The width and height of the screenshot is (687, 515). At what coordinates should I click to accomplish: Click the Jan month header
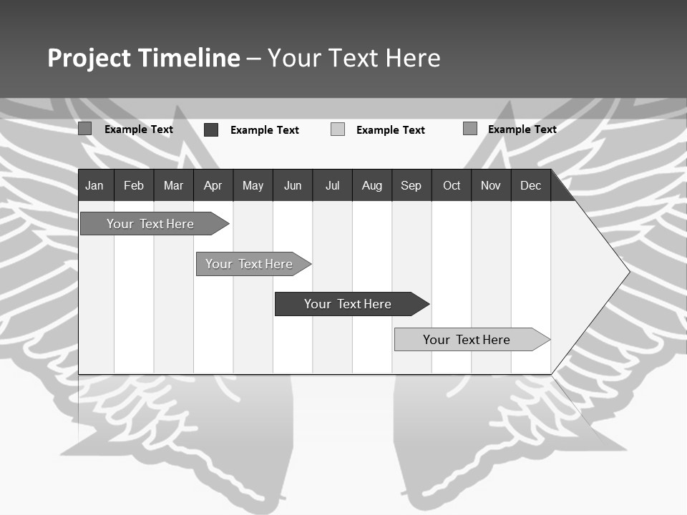tap(94, 185)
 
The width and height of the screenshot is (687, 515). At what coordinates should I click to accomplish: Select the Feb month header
tap(134, 185)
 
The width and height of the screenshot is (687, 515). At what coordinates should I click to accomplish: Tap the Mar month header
tap(173, 185)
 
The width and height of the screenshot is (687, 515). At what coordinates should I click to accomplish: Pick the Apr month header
tap(213, 185)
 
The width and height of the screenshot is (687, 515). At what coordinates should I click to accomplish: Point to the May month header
tap(253, 185)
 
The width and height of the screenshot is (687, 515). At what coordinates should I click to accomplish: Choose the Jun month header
tap(293, 185)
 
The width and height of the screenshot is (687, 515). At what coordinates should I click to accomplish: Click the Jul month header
tap(332, 185)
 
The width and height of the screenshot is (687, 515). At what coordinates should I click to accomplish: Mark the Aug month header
tap(372, 185)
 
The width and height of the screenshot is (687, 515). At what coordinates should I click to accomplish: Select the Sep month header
tap(411, 185)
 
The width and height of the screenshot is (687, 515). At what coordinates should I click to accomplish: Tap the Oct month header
tap(452, 185)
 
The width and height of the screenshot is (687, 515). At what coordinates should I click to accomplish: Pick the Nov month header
tap(491, 185)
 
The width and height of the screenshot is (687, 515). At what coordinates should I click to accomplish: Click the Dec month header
tap(531, 185)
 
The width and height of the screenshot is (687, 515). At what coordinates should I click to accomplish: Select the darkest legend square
tap(211, 129)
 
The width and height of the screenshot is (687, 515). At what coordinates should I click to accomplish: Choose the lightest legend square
tap(338, 129)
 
